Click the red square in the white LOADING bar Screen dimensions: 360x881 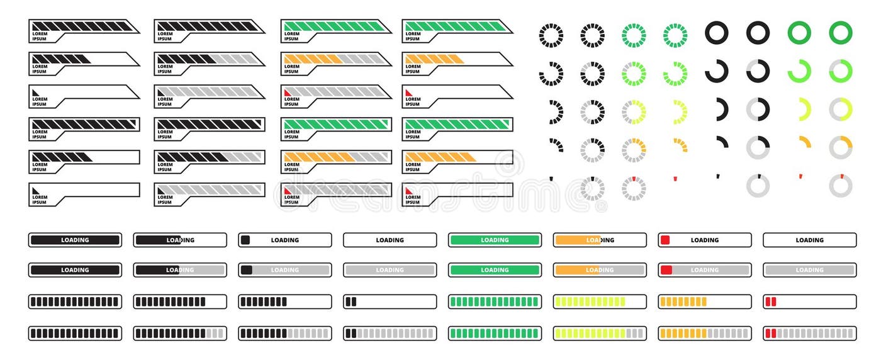[665, 240]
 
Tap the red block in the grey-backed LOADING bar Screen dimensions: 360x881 [666, 270]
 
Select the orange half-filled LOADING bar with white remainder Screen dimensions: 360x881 [600, 240]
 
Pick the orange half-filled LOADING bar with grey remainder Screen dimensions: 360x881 [600, 270]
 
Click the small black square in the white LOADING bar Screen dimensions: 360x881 [245, 240]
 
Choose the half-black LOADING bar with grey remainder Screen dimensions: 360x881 [180, 270]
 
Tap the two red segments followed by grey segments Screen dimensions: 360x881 [770, 334]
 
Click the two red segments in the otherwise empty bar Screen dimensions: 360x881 [770, 301]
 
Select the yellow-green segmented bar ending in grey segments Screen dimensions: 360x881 [600, 334]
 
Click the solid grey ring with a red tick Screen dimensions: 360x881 [841, 186]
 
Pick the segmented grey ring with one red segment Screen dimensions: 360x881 [634, 188]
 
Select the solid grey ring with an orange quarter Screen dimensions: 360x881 [841, 147]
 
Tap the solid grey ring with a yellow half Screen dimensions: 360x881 [841, 110]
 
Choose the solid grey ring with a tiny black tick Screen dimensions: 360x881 [758, 186]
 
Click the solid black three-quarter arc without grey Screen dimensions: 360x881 [716, 71]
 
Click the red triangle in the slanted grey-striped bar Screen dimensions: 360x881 [288, 93]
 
